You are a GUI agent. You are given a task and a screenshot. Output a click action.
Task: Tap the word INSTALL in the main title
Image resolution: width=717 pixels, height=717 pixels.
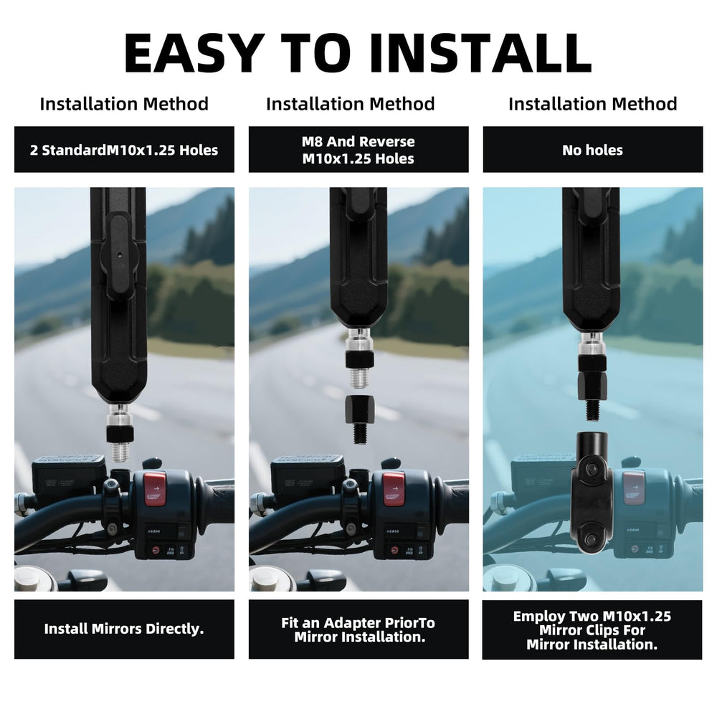click(480, 54)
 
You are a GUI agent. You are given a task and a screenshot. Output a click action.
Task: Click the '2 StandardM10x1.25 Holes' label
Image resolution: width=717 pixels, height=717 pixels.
click(124, 150)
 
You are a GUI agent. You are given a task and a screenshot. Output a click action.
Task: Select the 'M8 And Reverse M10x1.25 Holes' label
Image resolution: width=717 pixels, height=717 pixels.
click(358, 150)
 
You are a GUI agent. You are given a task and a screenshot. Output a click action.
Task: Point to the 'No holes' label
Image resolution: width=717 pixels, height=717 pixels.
click(593, 150)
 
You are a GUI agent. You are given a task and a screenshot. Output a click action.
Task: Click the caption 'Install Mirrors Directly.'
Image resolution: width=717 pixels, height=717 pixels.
click(124, 629)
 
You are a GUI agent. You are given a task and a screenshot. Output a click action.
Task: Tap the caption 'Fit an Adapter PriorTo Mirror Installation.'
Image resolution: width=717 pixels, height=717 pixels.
click(358, 630)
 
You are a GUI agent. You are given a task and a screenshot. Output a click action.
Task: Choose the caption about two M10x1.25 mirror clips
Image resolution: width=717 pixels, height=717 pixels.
click(592, 630)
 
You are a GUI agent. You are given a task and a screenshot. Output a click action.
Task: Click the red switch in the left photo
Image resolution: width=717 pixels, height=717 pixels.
click(156, 489)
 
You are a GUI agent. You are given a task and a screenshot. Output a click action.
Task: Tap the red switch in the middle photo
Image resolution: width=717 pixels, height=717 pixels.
click(393, 489)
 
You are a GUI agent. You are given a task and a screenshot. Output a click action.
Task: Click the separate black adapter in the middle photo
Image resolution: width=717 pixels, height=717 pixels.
click(359, 419)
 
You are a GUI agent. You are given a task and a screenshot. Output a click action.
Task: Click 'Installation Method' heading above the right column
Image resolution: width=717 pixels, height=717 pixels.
click(593, 104)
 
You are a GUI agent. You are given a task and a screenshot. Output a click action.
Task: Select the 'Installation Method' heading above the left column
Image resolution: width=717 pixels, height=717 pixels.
click(124, 104)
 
